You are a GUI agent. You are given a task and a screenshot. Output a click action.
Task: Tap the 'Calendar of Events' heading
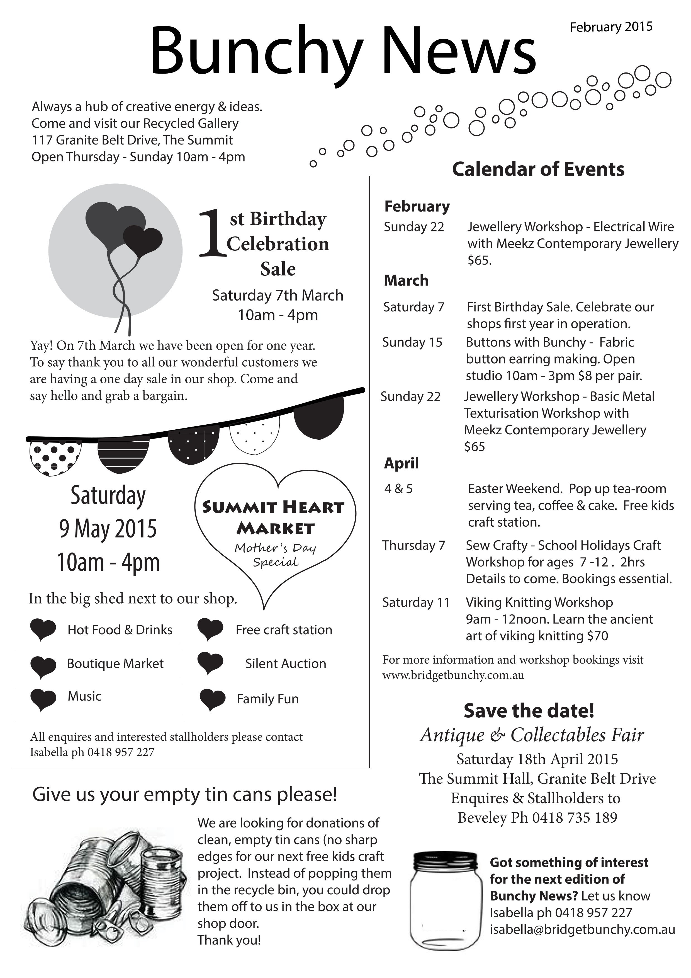click(538, 169)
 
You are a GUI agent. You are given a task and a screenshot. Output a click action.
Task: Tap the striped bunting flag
click(123, 454)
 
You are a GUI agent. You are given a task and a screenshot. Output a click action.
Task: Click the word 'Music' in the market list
click(84, 696)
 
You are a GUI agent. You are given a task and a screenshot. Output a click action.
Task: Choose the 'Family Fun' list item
click(267, 699)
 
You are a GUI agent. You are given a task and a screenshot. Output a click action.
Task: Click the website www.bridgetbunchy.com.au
click(453, 675)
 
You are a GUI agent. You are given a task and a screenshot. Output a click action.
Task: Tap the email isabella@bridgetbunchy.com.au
click(582, 929)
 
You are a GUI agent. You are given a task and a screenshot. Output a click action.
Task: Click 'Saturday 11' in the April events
click(415, 602)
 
